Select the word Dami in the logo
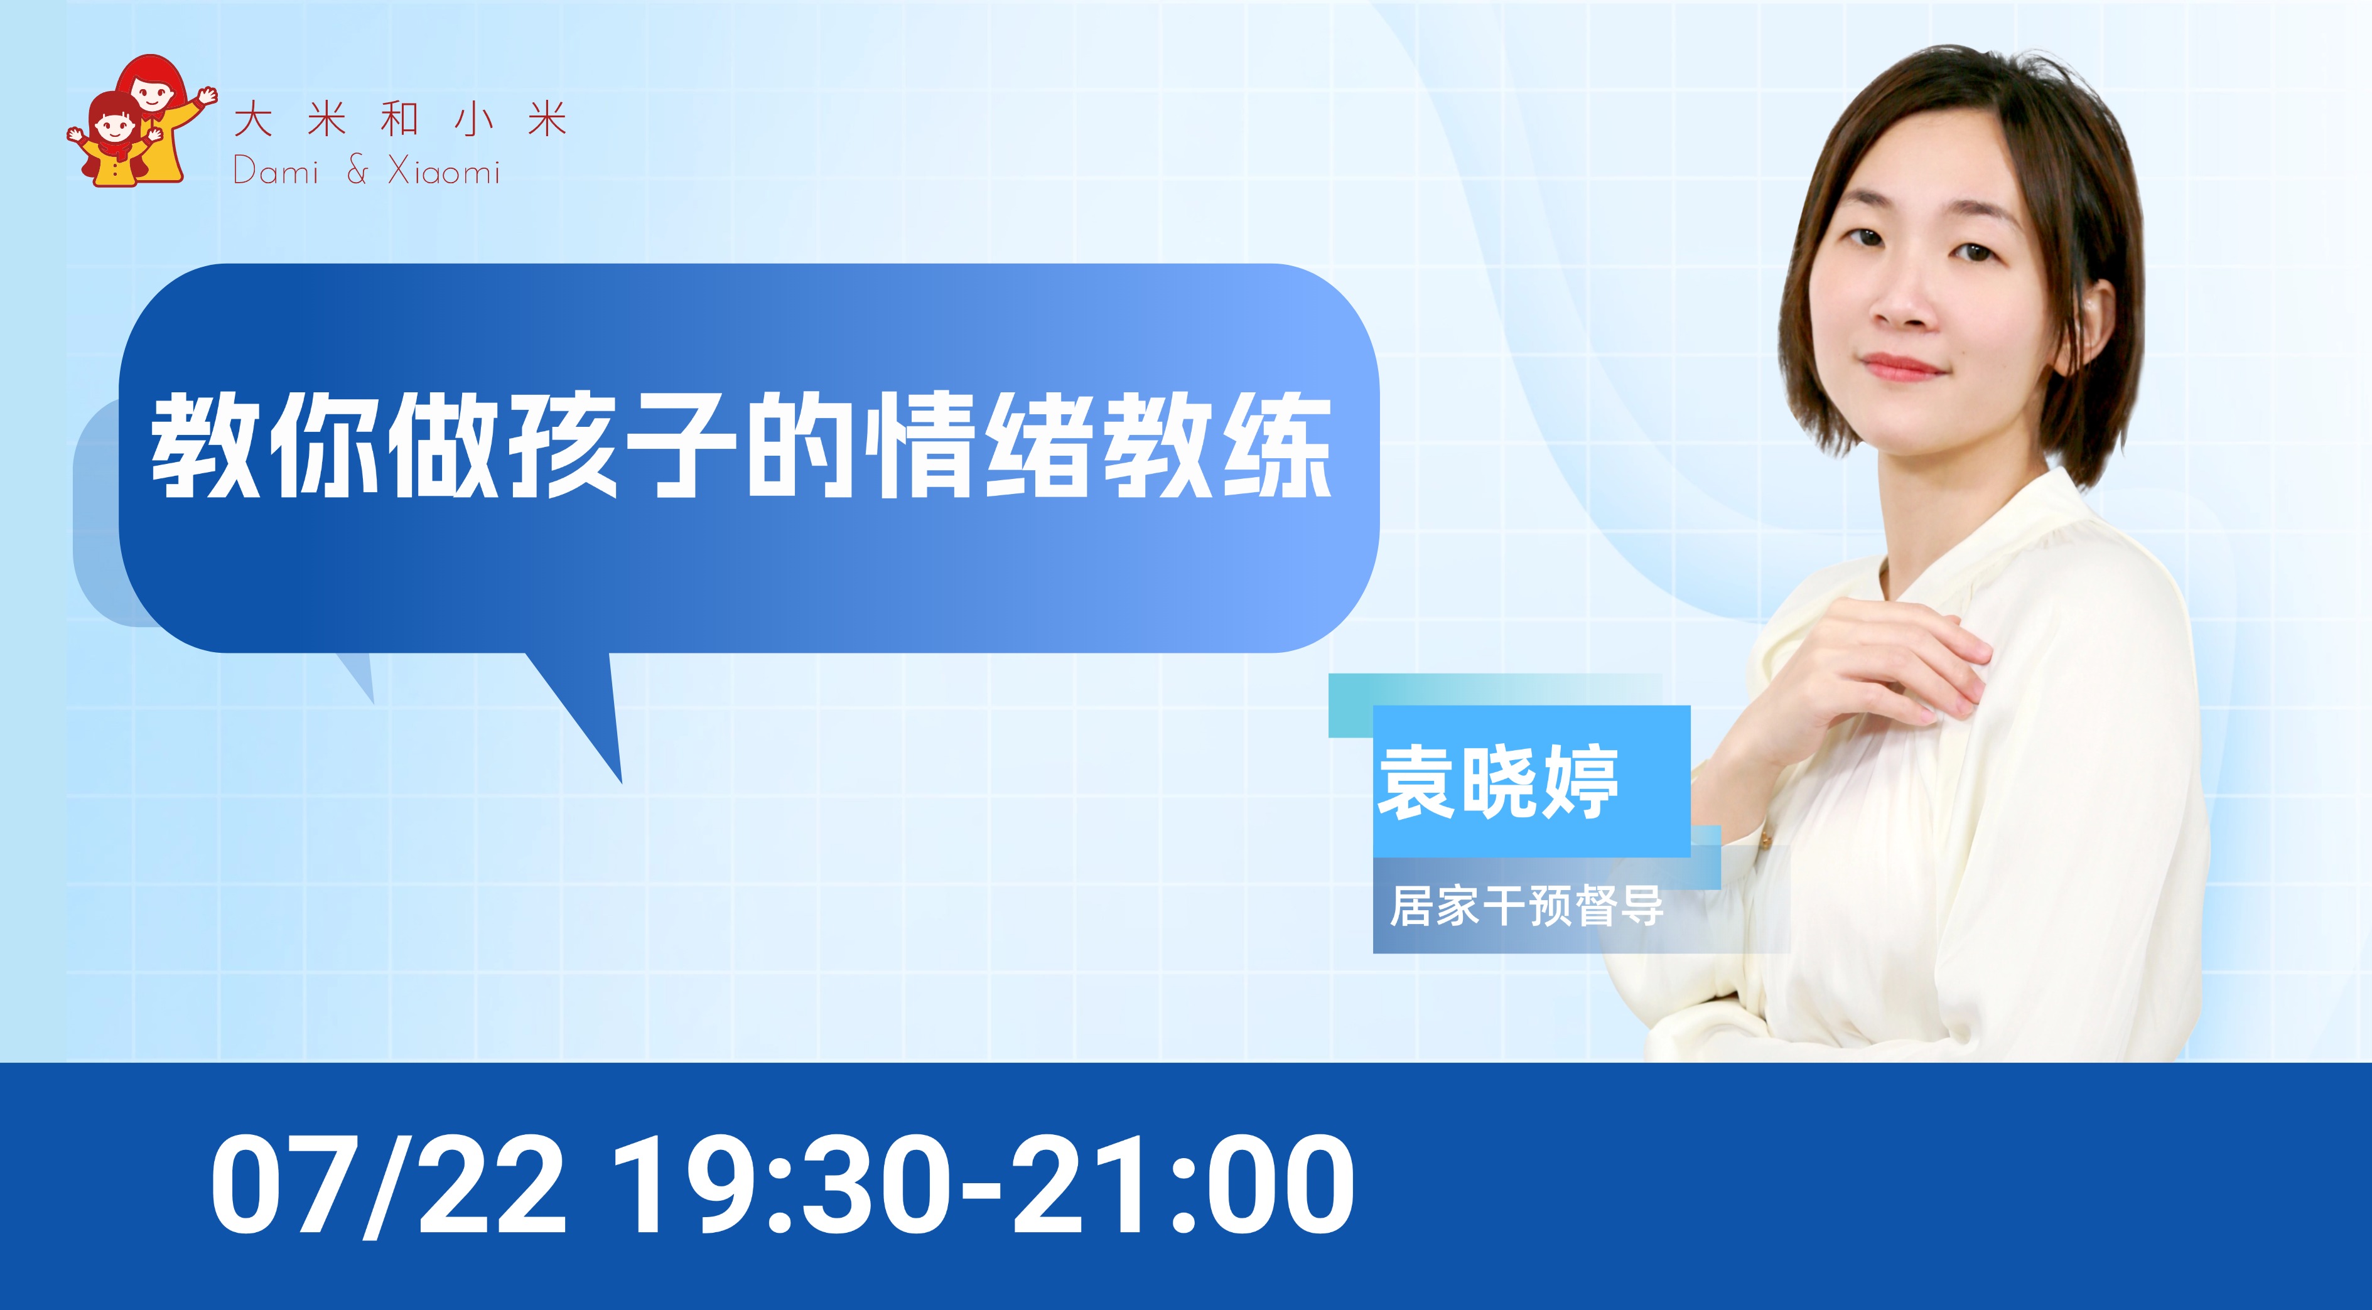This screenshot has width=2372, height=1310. point(276,170)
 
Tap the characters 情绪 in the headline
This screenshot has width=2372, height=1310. point(978,446)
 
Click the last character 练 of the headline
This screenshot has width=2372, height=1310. point(1276,446)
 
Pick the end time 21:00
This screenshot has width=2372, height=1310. point(1183,1186)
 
